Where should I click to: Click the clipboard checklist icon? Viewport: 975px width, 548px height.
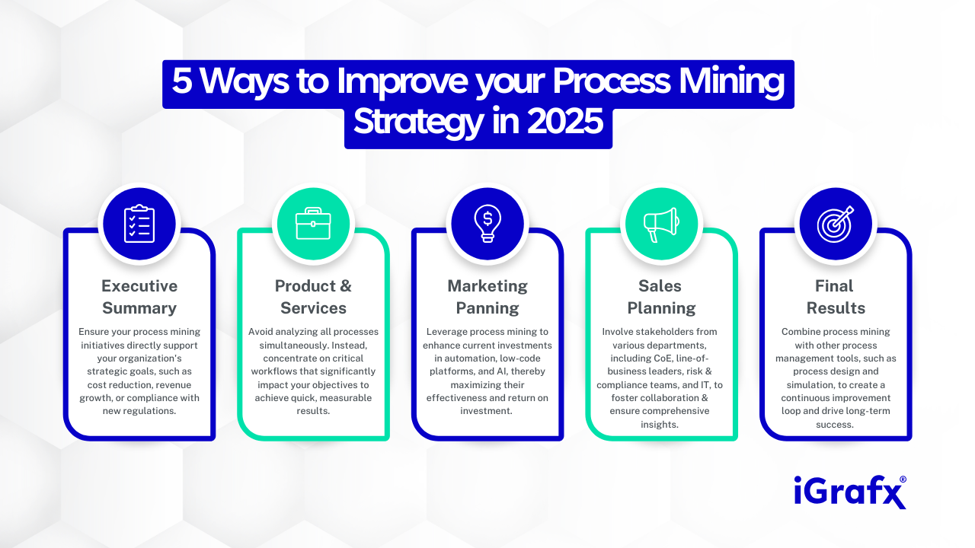point(139,224)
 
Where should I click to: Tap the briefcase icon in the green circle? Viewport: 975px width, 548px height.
point(313,224)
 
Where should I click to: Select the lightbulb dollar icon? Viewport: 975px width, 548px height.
point(487,224)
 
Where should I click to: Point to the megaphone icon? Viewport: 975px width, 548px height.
point(661,224)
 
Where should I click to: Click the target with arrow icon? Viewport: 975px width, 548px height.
point(835,224)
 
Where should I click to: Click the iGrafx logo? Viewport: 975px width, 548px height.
point(849,492)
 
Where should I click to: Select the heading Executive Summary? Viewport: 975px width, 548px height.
point(139,297)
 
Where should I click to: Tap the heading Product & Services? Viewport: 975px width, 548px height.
point(313,297)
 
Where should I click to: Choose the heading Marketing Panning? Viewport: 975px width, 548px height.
point(487,297)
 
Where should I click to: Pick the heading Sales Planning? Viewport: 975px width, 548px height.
point(661,297)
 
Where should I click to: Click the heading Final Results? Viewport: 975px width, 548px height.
point(835,297)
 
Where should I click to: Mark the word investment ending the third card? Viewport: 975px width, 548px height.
point(487,411)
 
